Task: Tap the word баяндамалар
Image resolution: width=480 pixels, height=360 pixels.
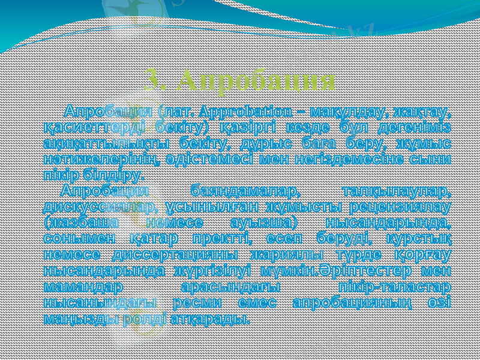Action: pyautogui.click(x=245, y=191)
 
